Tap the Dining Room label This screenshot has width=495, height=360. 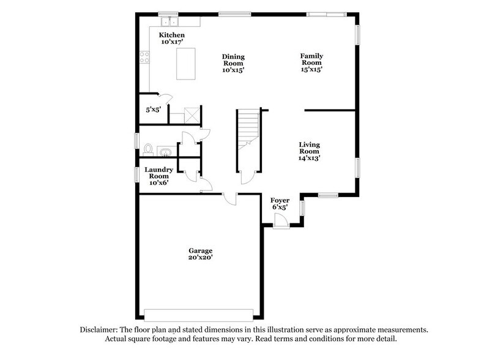[233, 63]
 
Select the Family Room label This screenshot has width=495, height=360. [311, 62]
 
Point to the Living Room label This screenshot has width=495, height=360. [309, 151]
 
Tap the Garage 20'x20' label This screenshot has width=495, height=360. [200, 253]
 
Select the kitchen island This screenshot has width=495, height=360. [188, 64]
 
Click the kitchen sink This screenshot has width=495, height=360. [166, 20]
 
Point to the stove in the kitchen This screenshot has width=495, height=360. [146, 58]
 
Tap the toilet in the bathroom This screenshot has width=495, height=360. [147, 148]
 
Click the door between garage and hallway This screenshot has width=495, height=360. [230, 198]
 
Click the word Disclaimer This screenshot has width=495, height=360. [99, 329]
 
